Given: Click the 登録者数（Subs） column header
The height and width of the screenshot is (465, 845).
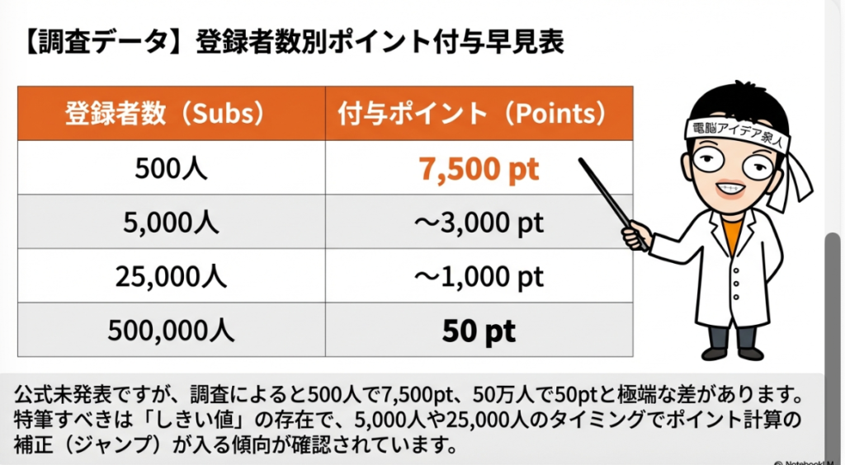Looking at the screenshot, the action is click(164, 114).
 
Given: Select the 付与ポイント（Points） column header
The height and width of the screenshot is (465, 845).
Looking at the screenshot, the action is click(472, 114).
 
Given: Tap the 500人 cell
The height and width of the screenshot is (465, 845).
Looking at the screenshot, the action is click(171, 168).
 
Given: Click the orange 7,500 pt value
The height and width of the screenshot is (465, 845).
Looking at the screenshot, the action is click(479, 169).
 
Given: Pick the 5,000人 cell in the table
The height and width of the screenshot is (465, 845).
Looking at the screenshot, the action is click(171, 223).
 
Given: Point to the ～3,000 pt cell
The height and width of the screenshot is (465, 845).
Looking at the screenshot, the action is click(479, 223).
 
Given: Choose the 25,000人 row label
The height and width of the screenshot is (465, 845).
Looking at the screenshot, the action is click(171, 277).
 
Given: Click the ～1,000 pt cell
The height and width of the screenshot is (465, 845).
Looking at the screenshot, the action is click(479, 277).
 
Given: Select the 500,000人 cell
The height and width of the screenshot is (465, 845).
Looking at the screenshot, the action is click(171, 331).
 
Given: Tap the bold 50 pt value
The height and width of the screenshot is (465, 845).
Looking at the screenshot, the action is click(479, 331).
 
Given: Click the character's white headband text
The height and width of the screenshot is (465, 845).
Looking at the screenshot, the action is click(737, 133).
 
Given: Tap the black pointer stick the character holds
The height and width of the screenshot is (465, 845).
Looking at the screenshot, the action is click(613, 204).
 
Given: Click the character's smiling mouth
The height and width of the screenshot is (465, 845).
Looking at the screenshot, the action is click(731, 189).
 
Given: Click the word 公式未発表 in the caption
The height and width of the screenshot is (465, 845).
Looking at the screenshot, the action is click(64, 394).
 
